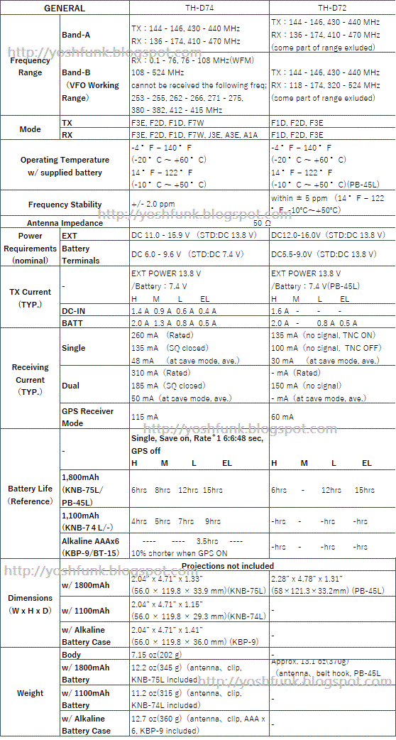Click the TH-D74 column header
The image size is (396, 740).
pyautogui.click(x=199, y=9)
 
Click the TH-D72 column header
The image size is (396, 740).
pyautogui.click(x=332, y=9)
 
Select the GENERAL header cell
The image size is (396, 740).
pyautogui.click(x=65, y=9)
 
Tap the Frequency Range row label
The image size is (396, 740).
pyautogui.click(x=31, y=67)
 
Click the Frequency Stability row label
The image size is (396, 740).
pyautogui.click(x=65, y=205)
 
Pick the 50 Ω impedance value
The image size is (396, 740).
pyautogui.click(x=263, y=222)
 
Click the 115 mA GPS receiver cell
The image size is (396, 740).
pyautogui.click(x=145, y=417)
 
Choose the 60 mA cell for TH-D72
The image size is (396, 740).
pyautogui.click(x=282, y=417)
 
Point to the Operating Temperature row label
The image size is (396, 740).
pyautogui.click(x=65, y=166)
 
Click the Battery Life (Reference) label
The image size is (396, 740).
pyautogui.click(x=31, y=495)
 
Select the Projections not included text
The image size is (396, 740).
pyautogui.click(x=227, y=566)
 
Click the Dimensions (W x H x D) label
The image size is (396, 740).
pyautogui.click(x=31, y=604)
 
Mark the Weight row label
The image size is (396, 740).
pyautogui.click(x=31, y=693)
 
